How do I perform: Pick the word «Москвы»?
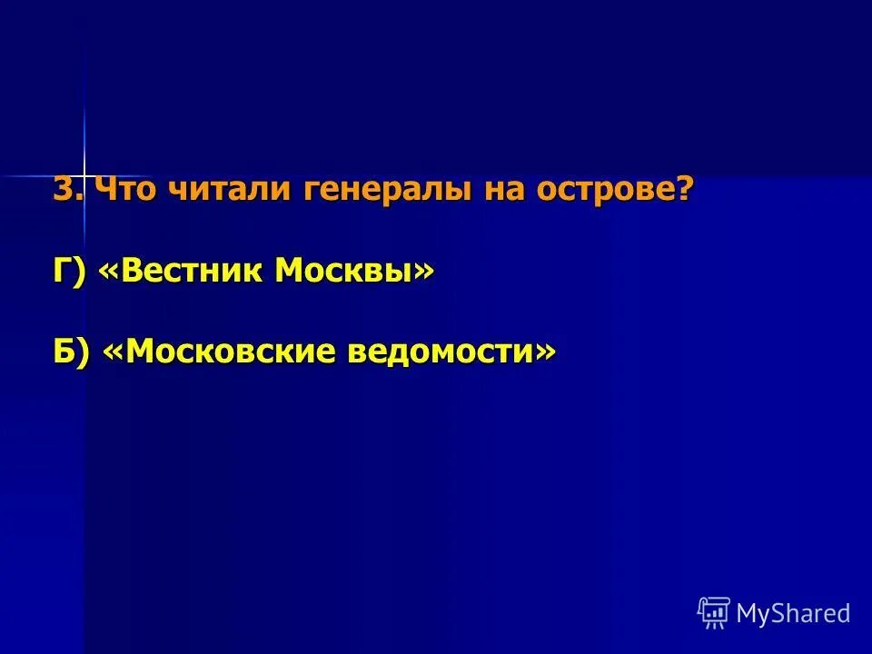342,271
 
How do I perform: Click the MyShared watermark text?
793,613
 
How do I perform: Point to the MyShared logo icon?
714,613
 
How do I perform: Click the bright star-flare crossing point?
84,174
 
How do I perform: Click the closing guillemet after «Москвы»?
424,271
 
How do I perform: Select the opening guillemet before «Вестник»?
106,271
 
